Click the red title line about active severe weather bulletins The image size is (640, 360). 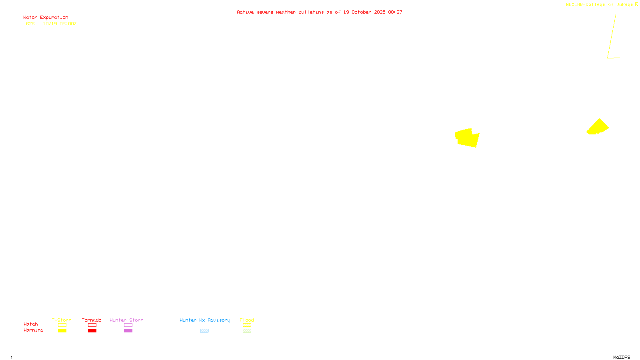319,12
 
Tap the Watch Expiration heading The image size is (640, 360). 46,18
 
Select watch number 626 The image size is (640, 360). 30,24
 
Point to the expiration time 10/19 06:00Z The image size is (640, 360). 60,24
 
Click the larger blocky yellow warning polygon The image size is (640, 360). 467,138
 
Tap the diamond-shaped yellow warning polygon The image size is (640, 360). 598,126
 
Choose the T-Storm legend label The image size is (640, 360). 62,320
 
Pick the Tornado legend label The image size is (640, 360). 92,320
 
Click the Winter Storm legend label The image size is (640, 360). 126,320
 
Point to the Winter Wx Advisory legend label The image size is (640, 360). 205,320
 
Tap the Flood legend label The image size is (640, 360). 247,320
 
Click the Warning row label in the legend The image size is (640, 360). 33,330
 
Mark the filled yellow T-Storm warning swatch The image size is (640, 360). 62,331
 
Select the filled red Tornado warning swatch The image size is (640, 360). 92,331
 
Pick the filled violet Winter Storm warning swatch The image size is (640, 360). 128,331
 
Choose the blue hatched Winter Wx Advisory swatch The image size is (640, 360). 204,331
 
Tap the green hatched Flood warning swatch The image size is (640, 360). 247,331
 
